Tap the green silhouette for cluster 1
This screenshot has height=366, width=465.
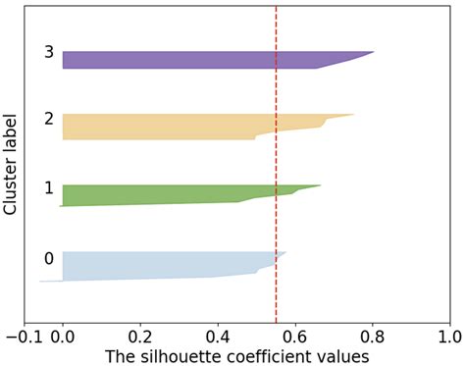tap(157, 194)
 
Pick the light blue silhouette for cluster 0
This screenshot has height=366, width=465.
tap(147, 265)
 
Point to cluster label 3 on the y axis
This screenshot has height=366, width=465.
tap(48, 52)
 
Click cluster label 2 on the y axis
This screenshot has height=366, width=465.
tap(48, 119)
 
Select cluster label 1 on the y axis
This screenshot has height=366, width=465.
tap(48, 186)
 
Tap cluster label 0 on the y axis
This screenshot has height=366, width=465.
tap(48, 259)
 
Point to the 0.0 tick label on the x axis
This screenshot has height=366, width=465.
tap(63, 336)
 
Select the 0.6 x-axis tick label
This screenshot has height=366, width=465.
tap(295, 336)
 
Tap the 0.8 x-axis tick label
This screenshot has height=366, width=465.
tap(373, 336)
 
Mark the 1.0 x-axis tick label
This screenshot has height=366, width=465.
tap(449, 336)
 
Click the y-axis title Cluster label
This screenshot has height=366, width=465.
tap(12, 162)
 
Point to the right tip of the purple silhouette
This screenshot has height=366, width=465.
tap(373, 52)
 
